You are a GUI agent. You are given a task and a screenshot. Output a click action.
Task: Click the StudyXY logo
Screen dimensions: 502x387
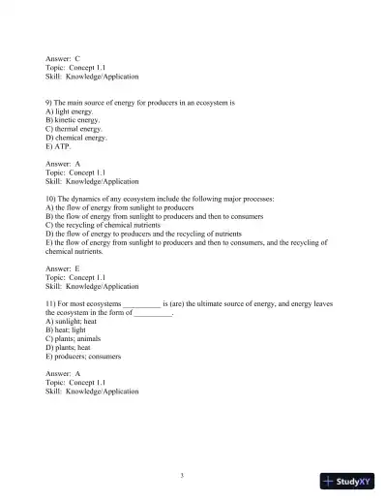click(x=348, y=480)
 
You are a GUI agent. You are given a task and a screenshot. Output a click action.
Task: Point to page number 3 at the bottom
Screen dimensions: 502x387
click(x=195, y=475)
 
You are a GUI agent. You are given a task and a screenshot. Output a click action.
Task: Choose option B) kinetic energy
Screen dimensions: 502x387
click(x=74, y=120)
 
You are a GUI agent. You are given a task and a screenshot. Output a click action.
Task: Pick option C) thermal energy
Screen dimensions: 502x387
click(x=74, y=129)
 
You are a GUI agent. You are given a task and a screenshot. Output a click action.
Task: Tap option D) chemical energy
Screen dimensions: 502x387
click(x=76, y=138)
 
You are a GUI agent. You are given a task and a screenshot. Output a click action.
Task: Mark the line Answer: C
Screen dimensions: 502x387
click(x=63, y=59)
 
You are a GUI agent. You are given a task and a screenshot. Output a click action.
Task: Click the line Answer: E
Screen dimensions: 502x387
click(x=63, y=268)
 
